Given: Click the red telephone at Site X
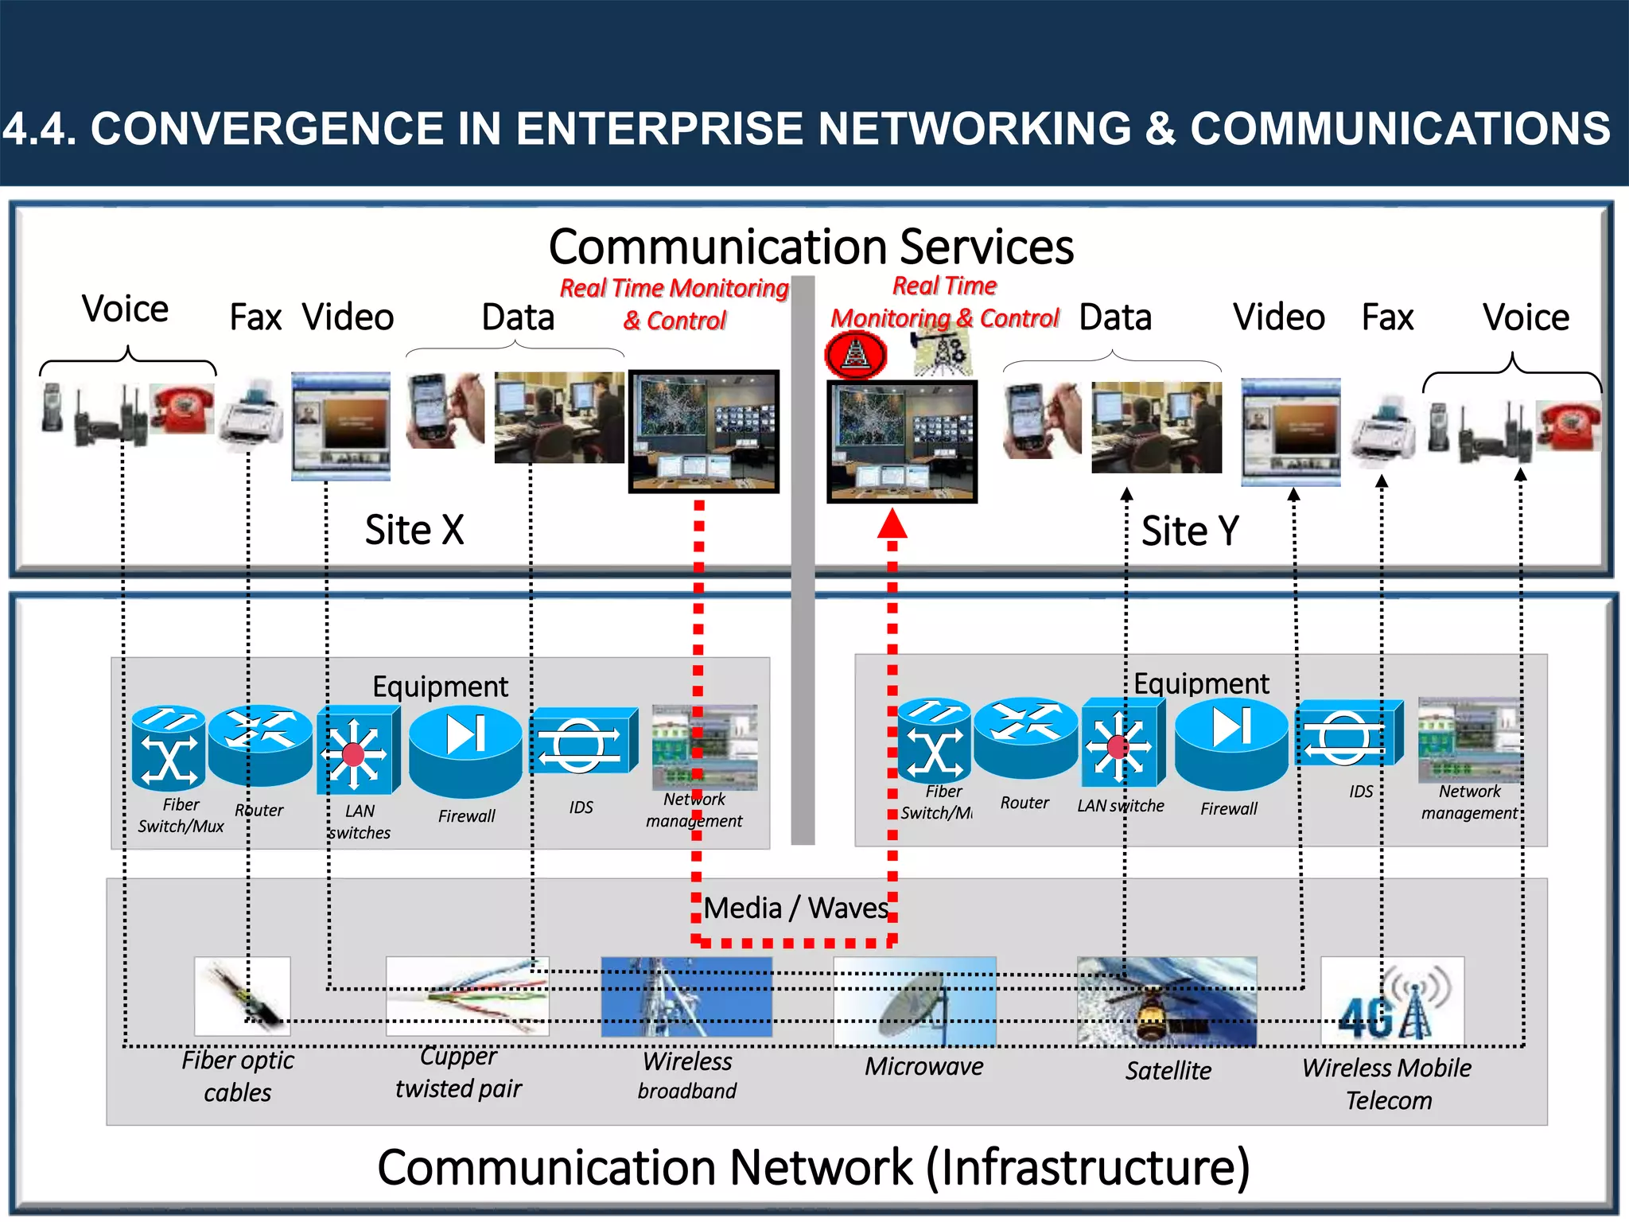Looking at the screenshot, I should coord(182,408).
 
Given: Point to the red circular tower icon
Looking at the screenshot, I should coord(856,355).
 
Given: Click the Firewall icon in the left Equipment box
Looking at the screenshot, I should coord(465,749).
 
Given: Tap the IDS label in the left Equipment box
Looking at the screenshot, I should coord(581,808).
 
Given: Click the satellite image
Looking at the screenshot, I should coord(1166,1002).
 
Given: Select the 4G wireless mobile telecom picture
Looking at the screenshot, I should coord(1392,1001).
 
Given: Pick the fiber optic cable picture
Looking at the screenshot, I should coord(242,995).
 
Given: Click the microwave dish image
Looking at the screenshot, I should coord(915,1002).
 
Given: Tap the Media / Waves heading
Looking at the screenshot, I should coord(795,908).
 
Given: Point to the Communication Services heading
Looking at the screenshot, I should coord(811,247).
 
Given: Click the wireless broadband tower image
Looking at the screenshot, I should coord(686,997).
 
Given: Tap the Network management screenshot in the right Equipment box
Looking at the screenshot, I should coord(1470,740).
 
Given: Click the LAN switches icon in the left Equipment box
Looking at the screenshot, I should coord(355,753).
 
